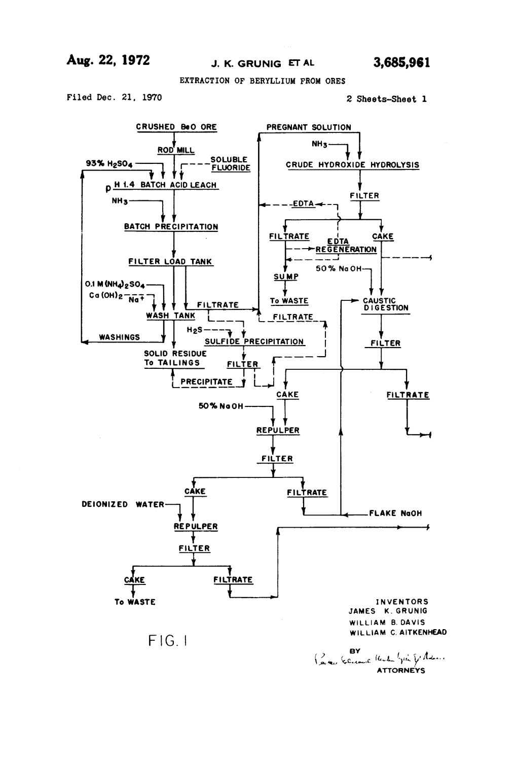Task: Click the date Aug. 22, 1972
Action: coord(108,61)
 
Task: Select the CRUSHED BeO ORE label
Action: coord(176,127)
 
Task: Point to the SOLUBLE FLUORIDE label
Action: coord(231,163)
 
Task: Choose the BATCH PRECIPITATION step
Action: coord(171,227)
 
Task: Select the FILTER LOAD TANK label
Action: coord(170,262)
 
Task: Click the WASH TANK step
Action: coord(170,316)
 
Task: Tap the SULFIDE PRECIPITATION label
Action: coord(254,341)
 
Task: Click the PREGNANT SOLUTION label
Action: coord(309,127)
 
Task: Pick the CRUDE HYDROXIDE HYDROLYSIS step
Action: coord(352,165)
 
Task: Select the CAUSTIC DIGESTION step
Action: coord(385,304)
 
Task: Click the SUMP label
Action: coord(286,277)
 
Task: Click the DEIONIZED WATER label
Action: coord(123,504)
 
